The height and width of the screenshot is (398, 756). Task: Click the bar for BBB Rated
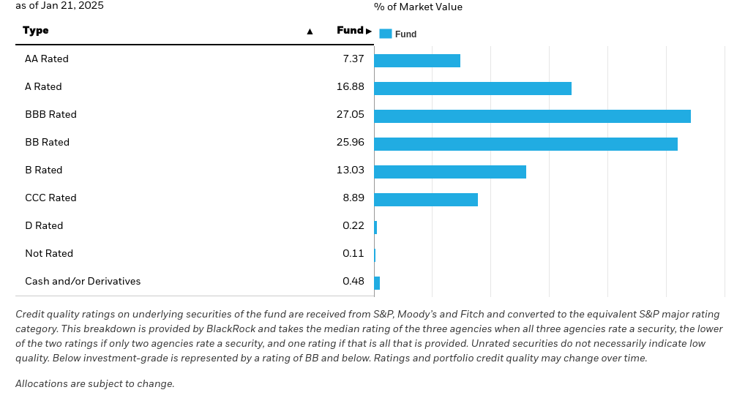(x=532, y=116)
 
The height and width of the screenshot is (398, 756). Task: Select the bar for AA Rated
(x=417, y=61)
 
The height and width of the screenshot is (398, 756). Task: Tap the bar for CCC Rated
(x=426, y=200)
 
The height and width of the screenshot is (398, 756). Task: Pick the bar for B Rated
(x=450, y=172)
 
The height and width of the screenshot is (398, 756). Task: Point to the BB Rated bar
(x=525, y=144)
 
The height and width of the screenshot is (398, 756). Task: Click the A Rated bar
(x=473, y=89)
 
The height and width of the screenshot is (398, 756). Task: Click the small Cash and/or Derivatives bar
(x=377, y=283)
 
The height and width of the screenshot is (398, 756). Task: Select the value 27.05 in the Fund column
(x=350, y=115)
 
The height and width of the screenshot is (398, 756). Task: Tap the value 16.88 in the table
(x=350, y=87)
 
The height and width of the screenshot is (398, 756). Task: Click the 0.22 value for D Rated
(x=353, y=226)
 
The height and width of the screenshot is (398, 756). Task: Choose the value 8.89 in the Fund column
(x=353, y=198)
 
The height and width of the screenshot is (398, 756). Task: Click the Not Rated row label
(x=49, y=254)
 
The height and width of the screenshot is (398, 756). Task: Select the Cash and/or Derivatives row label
(x=83, y=282)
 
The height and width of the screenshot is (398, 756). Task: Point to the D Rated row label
(x=44, y=226)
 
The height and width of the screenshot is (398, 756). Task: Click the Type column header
(x=36, y=31)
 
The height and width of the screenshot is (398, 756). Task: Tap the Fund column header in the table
(x=350, y=31)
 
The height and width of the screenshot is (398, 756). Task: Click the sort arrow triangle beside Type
(x=310, y=31)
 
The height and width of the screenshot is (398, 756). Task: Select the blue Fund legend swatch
(x=386, y=34)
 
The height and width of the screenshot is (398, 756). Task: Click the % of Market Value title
(x=418, y=7)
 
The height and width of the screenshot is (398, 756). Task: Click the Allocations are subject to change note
(x=95, y=384)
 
